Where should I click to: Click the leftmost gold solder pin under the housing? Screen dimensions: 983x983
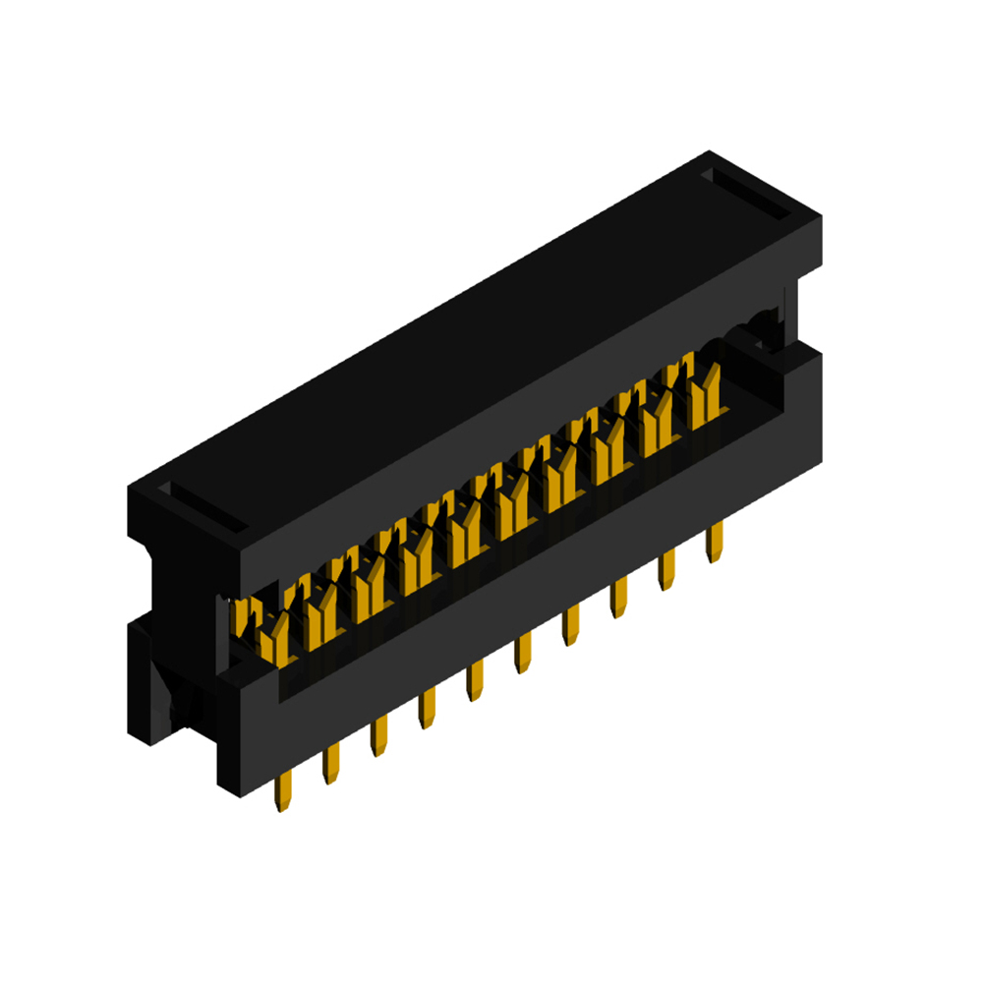click(x=284, y=790)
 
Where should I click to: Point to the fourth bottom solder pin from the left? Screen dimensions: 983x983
click(x=427, y=709)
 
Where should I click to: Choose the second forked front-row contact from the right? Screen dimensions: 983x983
click(x=656, y=423)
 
